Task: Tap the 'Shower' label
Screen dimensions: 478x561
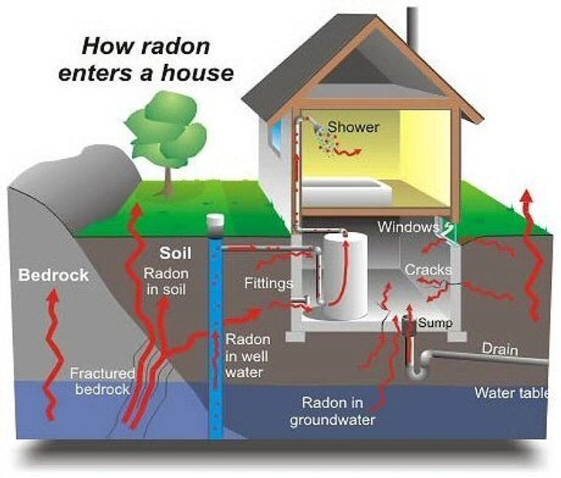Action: pos(353,126)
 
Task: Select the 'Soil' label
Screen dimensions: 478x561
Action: pos(175,253)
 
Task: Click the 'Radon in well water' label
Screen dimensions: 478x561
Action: pos(248,356)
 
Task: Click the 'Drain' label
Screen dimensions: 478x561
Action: pos(499,349)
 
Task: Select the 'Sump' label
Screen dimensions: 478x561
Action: pos(435,323)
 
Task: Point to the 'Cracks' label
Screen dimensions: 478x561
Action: pos(428,271)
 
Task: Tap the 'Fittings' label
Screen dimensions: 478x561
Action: pos(268,283)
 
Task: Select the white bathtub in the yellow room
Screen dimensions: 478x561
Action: pos(340,190)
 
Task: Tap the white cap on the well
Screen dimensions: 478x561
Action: pos(215,222)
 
